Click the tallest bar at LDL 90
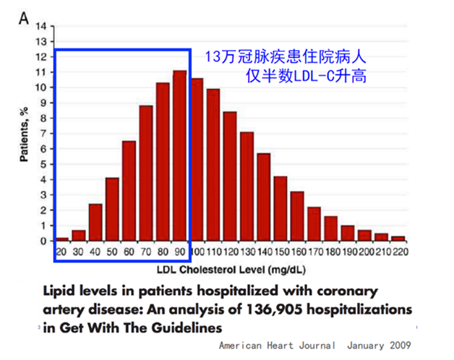(180, 155)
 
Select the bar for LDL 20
(62, 239)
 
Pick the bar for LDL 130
(247, 186)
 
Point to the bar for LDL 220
(398, 239)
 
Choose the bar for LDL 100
(197, 159)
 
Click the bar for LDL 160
(297, 216)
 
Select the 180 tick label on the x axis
(331, 252)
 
